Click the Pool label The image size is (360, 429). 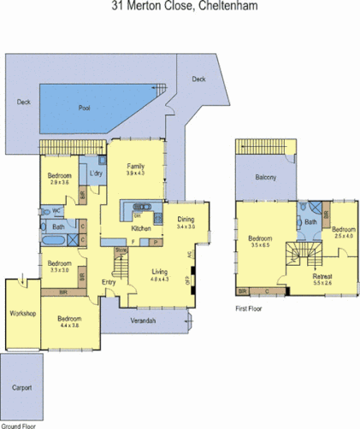(x=84, y=108)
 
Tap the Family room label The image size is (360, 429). (x=136, y=166)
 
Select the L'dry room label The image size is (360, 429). (x=97, y=173)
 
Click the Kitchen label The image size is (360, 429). (x=141, y=229)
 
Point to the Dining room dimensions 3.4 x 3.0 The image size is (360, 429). (x=186, y=227)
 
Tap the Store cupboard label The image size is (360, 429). (x=121, y=250)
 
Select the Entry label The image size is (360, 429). (x=109, y=282)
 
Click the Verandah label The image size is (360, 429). (x=143, y=320)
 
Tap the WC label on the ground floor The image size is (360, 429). (x=56, y=210)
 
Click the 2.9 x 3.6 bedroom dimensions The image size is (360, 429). (x=59, y=182)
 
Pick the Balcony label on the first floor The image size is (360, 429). (x=265, y=177)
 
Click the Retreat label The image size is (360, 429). (x=322, y=276)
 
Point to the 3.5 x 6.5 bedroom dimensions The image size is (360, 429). (x=261, y=244)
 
